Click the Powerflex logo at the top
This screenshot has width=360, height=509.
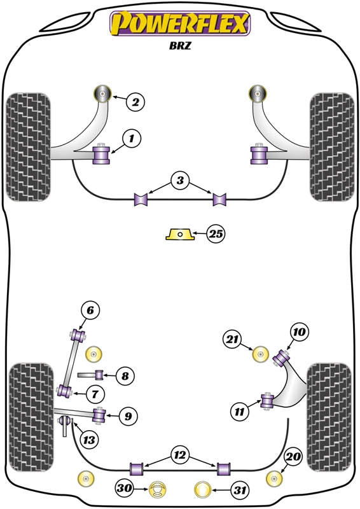point(181,24)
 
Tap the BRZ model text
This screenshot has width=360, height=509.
point(181,46)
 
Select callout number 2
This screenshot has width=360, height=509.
point(135,101)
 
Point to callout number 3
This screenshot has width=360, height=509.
point(181,181)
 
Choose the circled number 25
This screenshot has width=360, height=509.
point(216,235)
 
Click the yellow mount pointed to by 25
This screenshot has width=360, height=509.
point(179,235)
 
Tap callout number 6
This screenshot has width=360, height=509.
point(90,310)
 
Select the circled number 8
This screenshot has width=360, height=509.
point(125,376)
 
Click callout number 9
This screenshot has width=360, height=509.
point(127,417)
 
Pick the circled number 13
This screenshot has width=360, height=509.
point(89,438)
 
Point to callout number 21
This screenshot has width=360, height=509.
point(233,340)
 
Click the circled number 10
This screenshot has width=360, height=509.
point(299,331)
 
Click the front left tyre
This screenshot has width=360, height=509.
point(29,146)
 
